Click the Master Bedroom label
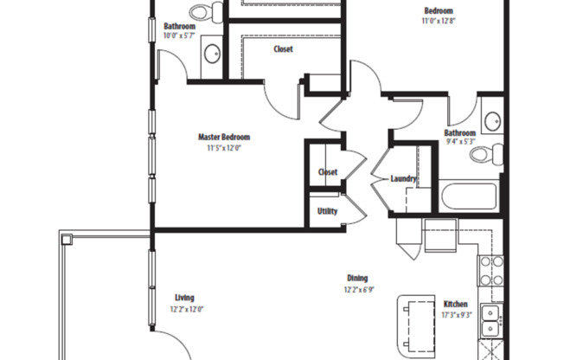tap(224, 137)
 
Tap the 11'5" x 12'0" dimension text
tap(223, 148)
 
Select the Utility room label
tap(327, 211)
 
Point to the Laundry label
tap(404, 179)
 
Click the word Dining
tap(357, 278)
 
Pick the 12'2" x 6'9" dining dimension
tap(357, 289)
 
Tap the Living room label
tap(184, 298)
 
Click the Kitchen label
tap(456, 305)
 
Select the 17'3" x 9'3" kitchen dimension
tap(456, 316)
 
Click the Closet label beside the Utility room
tap(328, 172)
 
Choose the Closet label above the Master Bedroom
tap(283, 49)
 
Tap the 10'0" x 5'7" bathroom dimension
tap(179, 36)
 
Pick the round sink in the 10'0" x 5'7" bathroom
tap(212, 58)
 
